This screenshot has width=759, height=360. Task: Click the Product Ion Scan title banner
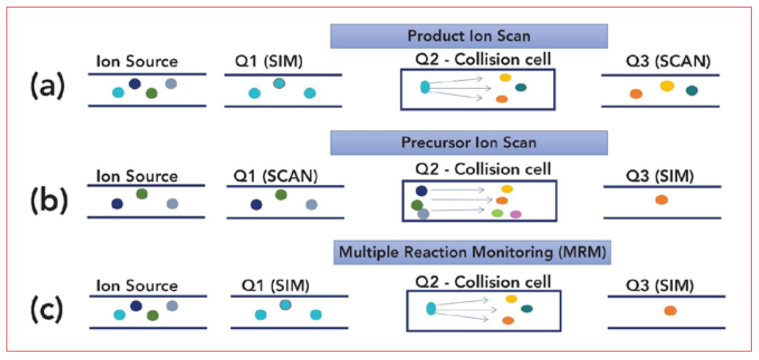click(469, 37)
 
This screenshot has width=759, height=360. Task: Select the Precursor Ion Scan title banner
click(469, 143)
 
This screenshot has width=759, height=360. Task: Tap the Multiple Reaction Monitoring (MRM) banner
click(472, 252)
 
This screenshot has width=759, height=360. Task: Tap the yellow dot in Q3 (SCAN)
click(667, 86)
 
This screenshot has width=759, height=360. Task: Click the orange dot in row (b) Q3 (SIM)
click(662, 200)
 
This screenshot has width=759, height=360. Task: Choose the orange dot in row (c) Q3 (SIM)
click(670, 310)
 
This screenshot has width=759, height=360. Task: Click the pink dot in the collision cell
click(516, 214)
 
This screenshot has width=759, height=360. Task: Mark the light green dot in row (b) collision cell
click(497, 213)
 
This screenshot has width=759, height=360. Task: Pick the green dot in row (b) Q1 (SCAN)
click(280, 195)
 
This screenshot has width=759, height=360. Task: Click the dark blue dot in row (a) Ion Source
click(134, 83)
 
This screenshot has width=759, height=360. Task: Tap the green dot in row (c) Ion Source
click(153, 316)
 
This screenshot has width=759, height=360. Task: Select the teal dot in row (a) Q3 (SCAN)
click(692, 91)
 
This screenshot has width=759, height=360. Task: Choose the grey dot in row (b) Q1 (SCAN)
click(311, 205)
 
